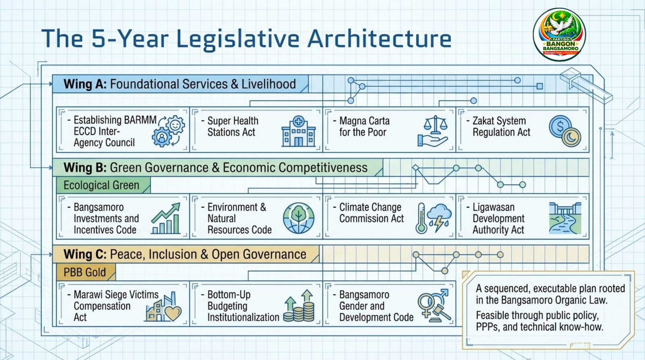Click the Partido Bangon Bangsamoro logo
click(560, 35)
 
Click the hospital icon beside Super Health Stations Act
click(299, 131)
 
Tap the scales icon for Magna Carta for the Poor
click(433, 131)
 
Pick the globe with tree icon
click(299, 218)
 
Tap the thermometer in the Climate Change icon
click(421, 218)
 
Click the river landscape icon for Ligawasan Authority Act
click(565, 218)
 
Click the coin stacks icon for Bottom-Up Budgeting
click(299, 306)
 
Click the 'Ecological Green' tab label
click(101, 185)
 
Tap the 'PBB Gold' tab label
click(85, 272)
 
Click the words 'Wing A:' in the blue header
click(85, 84)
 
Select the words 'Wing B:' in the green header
click(85, 168)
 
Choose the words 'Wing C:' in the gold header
click(85, 254)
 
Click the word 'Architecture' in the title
click(379, 38)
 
